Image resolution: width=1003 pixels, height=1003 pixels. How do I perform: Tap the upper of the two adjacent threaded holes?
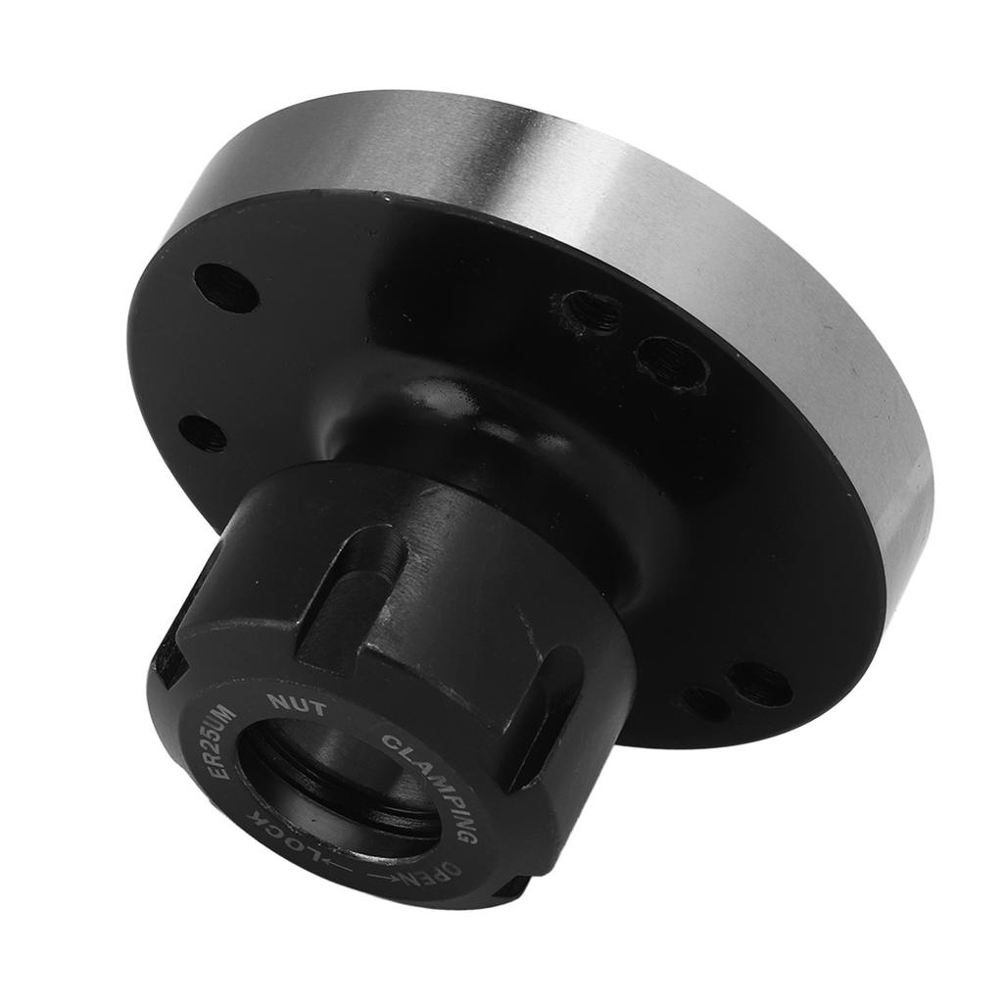[592, 312]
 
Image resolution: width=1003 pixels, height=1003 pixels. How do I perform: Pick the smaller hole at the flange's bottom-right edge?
[706, 703]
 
